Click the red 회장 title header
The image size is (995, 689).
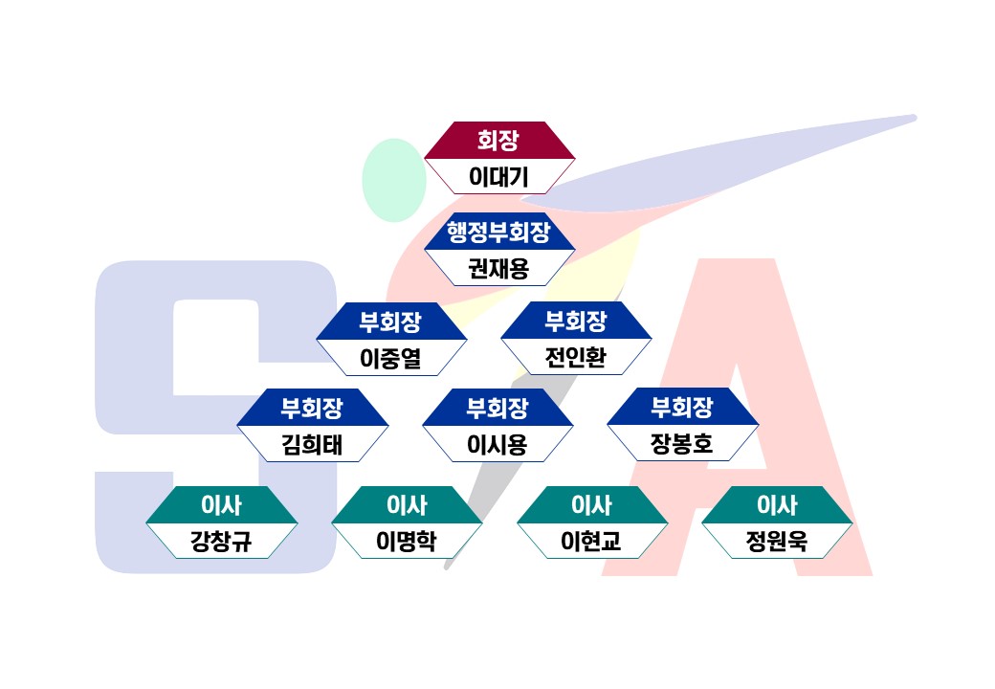[x=498, y=141]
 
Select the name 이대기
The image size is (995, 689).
[x=498, y=177]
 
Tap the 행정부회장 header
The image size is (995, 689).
[x=498, y=232]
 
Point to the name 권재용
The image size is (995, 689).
[x=498, y=268]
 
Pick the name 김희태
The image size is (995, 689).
[x=312, y=445]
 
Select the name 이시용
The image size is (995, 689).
[x=497, y=445]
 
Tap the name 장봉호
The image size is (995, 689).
[x=682, y=445]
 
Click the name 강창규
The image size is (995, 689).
[x=221, y=542]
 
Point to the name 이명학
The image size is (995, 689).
[x=407, y=542]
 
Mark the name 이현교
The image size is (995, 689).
[x=591, y=542]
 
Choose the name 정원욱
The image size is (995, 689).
[x=777, y=542]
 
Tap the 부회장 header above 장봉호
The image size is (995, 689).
[x=682, y=408]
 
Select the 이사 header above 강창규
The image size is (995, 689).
[x=221, y=504]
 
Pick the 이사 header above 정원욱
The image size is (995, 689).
[x=777, y=504]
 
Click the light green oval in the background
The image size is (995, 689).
[x=393, y=180]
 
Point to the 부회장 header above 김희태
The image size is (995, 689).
[x=312, y=408]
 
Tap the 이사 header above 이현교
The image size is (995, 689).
[x=591, y=504]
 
